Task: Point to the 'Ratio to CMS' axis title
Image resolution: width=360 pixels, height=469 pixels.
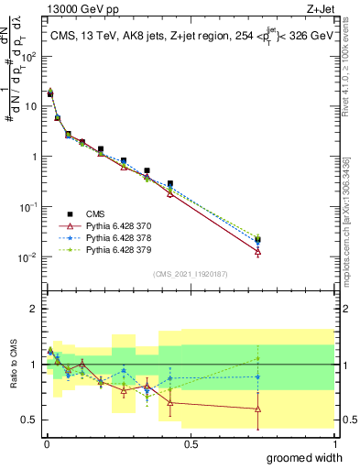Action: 14,365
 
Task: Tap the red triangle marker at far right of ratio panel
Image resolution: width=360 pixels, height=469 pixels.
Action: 258,409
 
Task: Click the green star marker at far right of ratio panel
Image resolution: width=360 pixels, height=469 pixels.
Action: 258,358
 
